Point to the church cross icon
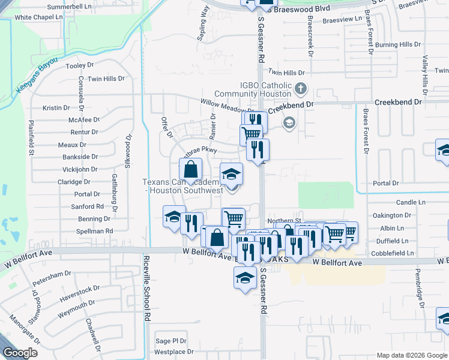(x=301, y=90)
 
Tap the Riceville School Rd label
(x=146, y=290)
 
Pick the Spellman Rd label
(x=95, y=231)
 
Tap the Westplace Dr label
(x=175, y=351)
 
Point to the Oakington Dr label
(x=391, y=215)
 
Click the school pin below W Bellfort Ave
(x=244, y=277)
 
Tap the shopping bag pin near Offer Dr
(x=190, y=170)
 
